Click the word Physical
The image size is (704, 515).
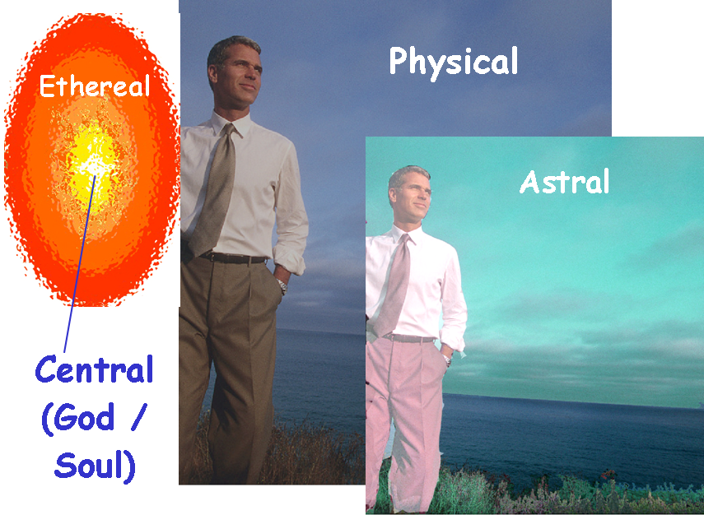point(453,63)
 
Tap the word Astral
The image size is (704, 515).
point(564,182)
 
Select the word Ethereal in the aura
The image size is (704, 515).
point(95,86)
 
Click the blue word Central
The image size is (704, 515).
point(95,369)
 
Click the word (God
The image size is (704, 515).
point(77,418)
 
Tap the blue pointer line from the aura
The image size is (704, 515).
point(80,264)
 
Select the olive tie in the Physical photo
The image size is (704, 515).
point(215,191)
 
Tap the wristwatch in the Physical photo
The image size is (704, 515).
point(282,286)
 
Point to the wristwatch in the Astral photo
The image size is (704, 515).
point(447,360)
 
